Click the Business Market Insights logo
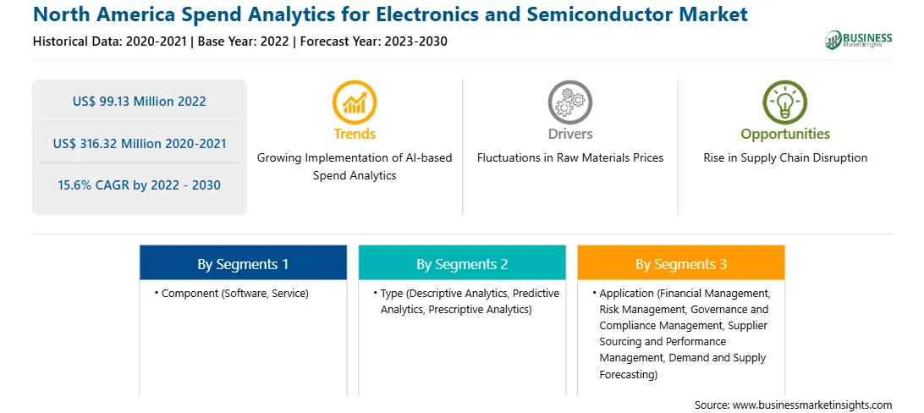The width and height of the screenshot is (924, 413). point(859,40)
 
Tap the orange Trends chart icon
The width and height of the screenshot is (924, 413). point(355,102)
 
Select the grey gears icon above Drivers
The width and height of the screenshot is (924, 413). point(569,102)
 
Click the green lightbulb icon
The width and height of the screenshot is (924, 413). point(785,102)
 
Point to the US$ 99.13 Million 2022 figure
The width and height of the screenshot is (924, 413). point(140,102)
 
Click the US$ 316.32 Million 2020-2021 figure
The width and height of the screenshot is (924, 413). point(140,143)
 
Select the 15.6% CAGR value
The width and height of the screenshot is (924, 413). point(140,185)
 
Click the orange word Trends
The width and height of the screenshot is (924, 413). point(355,135)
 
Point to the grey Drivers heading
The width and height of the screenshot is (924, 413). point(570,135)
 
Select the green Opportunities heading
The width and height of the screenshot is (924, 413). point(785,135)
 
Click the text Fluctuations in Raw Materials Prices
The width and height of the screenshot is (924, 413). point(570,158)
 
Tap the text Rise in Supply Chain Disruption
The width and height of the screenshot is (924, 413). point(785,158)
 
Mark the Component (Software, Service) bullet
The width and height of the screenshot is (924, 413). point(232,294)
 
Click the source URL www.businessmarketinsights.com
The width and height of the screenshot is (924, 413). point(812,405)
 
